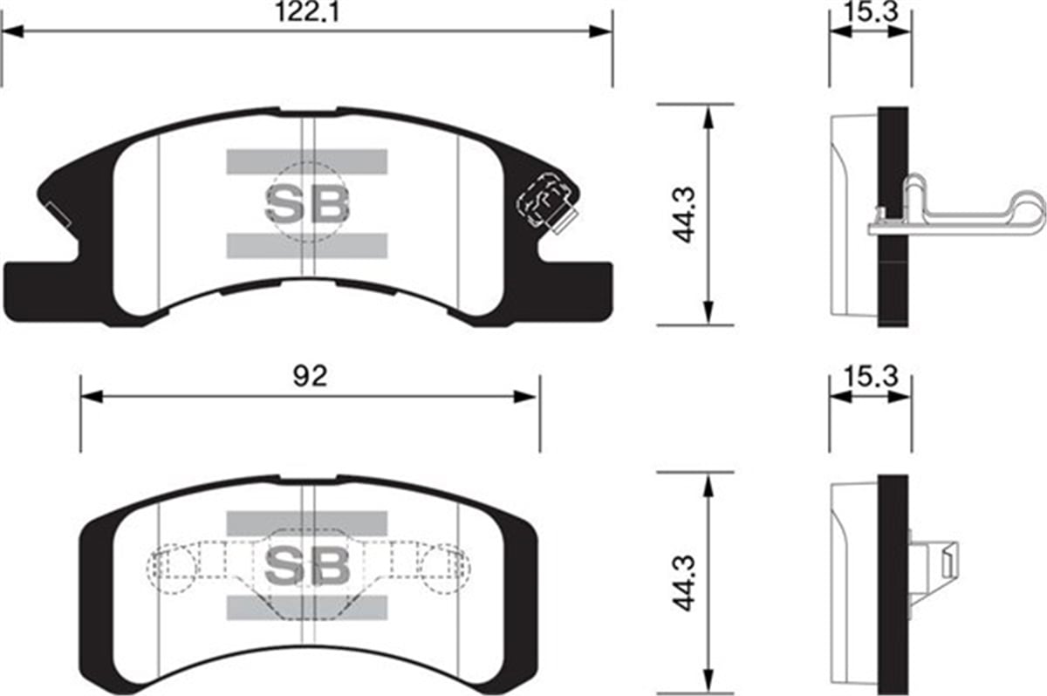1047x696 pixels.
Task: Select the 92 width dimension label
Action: point(309,377)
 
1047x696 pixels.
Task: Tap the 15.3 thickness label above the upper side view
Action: point(869,12)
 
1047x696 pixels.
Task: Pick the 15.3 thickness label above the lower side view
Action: point(869,377)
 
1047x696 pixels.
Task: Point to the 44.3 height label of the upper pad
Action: point(686,215)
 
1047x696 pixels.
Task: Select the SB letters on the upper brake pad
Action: point(306,204)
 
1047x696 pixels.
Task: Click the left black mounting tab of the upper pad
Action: point(39,288)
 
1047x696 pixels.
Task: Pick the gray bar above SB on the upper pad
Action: point(306,161)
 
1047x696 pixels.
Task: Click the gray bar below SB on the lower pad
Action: point(306,608)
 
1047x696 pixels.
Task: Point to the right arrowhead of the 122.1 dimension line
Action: point(601,31)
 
